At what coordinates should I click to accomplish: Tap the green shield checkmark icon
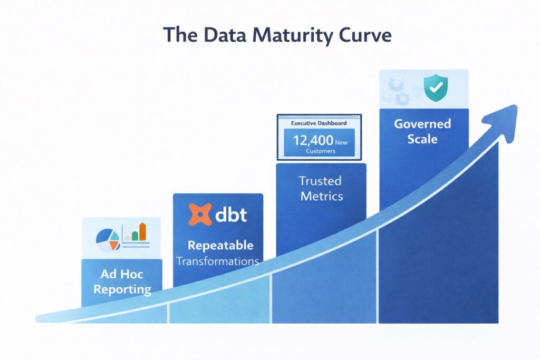click(x=436, y=87)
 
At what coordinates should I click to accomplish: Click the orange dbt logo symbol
click(x=200, y=215)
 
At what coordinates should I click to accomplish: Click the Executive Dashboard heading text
click(x=319, y=123)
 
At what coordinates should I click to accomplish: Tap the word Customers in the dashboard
click(x=320, y=151)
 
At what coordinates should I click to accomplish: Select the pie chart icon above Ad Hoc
click(x=108, y=239)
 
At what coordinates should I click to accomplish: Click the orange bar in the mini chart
click(x=142, y=231)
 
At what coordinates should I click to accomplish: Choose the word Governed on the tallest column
click(x=423, y=124)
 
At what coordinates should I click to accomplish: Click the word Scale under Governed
click(x=422, y=139)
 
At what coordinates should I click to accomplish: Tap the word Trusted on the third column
click(x=320, y=181)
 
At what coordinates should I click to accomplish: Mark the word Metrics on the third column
click(x=322, y=197)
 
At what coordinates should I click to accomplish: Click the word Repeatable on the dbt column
click(x=220, y=246)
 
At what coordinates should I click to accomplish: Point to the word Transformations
click(x=218, y=261)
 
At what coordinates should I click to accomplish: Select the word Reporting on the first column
click(x=122, y=289)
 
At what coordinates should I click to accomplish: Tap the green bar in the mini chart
click(x=135, y=235)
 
